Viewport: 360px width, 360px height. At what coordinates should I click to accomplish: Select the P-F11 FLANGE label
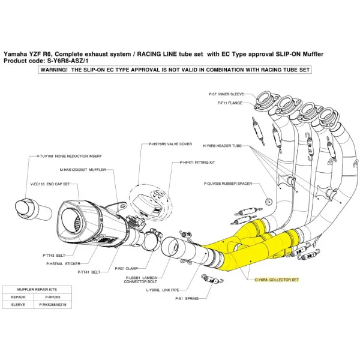tap(226, 103)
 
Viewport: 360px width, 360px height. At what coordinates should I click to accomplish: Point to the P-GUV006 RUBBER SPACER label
tap(227, 182)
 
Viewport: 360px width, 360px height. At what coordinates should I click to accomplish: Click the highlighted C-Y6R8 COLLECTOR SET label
tap(275, 280)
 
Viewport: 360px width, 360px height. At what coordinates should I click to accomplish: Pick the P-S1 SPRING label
tap(187, 298)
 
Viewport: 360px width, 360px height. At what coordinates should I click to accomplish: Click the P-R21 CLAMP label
tap(127, 269)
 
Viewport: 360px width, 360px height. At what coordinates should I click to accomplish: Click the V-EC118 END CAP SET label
tap(50, 184)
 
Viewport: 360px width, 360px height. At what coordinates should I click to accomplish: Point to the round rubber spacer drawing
tap(269, 200)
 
